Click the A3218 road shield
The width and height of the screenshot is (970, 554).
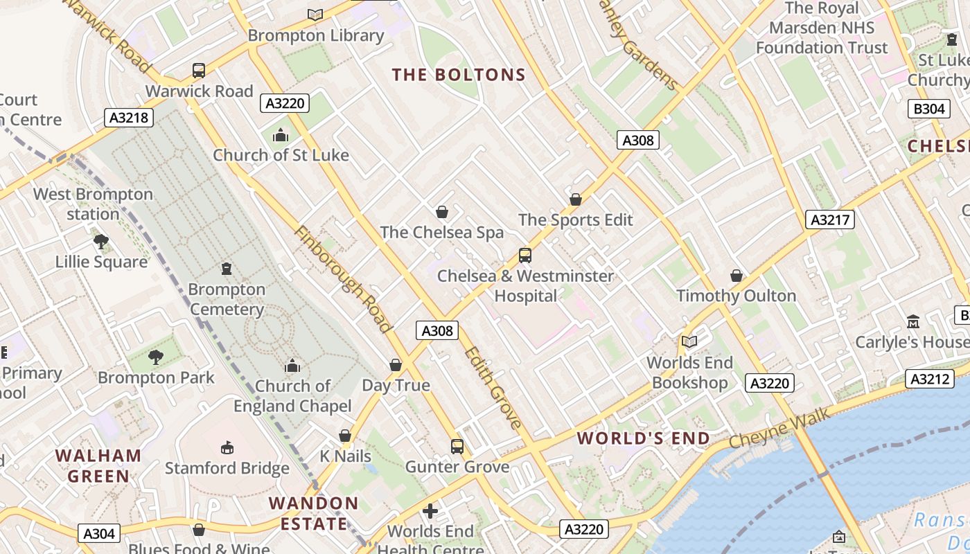129,118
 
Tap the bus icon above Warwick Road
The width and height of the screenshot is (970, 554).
199,70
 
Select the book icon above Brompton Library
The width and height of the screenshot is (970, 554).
315,14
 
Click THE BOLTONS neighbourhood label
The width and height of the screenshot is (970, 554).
459,75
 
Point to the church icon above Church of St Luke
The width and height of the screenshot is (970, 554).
281,135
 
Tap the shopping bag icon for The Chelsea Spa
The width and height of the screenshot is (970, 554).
442,212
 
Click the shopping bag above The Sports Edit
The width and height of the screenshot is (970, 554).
575,199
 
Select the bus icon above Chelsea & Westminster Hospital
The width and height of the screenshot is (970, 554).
525,256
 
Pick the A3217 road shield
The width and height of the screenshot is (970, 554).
830,220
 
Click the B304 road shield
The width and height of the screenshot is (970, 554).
928,109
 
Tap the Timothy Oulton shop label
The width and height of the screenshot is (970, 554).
736,296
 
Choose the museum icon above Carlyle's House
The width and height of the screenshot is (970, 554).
913,322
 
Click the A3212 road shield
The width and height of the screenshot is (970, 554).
929,379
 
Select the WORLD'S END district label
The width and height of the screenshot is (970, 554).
644,438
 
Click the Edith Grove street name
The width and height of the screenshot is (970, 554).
493,387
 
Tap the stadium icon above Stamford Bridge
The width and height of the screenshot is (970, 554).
227,448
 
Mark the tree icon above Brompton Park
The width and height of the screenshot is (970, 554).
156,357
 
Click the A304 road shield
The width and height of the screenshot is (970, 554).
99,533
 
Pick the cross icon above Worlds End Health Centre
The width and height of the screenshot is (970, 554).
430,511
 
